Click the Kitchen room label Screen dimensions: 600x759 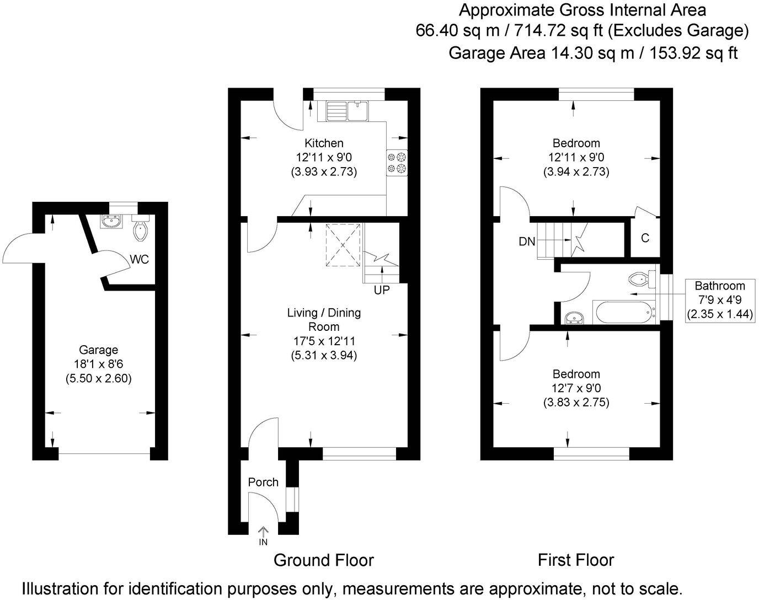324,143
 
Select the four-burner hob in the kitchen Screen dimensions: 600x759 397,163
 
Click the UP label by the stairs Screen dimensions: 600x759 381,290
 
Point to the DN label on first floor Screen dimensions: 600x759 527,242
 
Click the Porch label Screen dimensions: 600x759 263,483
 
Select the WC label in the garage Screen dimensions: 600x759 140,260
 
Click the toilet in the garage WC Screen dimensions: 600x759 141,231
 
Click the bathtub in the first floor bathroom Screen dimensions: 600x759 622,313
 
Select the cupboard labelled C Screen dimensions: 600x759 645,238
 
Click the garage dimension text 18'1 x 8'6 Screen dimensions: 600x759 99,364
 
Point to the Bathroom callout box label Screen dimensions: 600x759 719,286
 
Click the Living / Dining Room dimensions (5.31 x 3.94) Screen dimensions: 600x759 324,356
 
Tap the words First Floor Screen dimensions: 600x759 576,560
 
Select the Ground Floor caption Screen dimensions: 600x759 324,560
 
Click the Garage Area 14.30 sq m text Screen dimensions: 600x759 593,53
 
